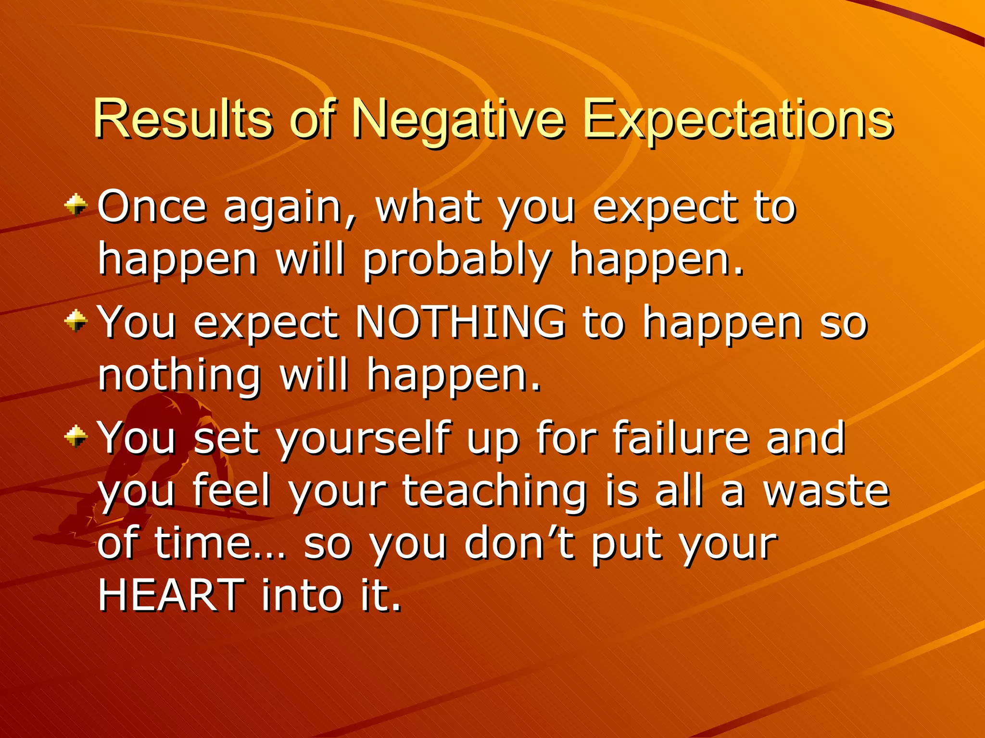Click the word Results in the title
tap(183, 119)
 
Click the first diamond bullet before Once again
tap(76, 206)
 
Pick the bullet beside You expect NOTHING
tap(76, 321)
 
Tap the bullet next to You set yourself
tap(76, 436)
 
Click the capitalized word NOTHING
tap(460, 322)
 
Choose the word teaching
tap(494, 491)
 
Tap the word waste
tap(827, 491)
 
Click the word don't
tap(519, 544)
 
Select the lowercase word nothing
tap(179, 376)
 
